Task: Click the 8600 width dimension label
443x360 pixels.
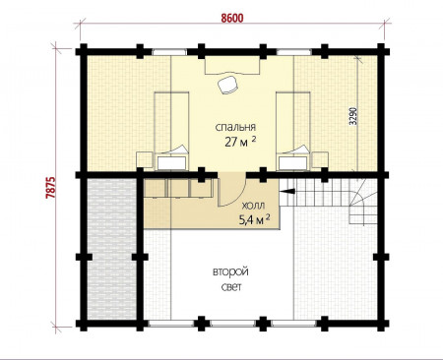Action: (232, 18)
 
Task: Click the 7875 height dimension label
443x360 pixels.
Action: (51, 188)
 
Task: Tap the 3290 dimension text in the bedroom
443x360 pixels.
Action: (353, 116)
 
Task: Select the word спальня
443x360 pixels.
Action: (235, 127)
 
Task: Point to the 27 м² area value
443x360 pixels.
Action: (240, 141)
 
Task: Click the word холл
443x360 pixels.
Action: (253, 207)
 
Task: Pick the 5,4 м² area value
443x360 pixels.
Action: (255, 219)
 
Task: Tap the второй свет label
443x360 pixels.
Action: (230, 279)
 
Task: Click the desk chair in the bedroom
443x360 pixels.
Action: (228, 85)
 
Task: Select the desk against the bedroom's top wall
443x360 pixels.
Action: (232, 65)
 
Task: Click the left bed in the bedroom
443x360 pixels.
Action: (171, 131)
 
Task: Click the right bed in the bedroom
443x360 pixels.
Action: (293, 131)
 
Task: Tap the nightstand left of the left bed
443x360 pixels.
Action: (145, 161)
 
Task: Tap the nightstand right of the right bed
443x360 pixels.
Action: (320, 161)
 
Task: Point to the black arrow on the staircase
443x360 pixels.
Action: (287, 191)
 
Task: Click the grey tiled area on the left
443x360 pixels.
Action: (112, 249)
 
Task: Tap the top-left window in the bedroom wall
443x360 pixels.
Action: (169, 52)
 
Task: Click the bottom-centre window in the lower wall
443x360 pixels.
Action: (232, 324)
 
